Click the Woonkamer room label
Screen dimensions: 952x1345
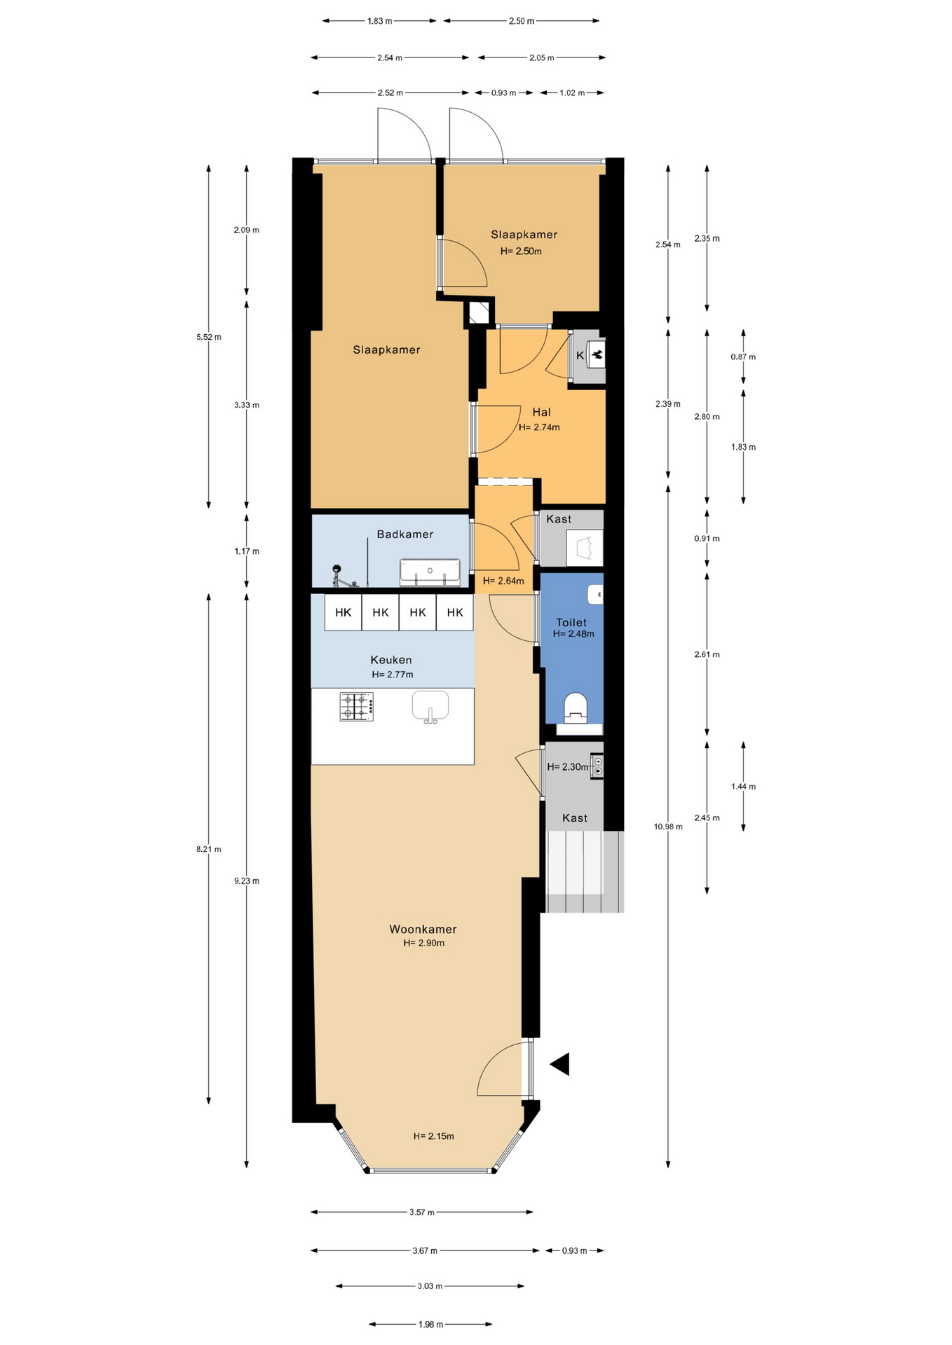click(423, 929)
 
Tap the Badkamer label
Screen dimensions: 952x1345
click(405, 534)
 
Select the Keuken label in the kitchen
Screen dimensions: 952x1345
click(391, 660)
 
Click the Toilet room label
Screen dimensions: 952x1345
click(571, 622)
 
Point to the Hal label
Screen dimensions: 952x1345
click(541, 412)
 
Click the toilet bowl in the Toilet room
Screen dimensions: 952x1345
click(576, 708)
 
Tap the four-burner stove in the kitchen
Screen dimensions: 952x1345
click(356, 707)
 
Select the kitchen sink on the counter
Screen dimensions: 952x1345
click(430, 707)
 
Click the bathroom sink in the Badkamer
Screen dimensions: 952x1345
click(430, 572)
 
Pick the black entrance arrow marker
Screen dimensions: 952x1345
click(562, 1064)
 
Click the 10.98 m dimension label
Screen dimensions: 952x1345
click(668, 827)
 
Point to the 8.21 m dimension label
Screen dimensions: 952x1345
click(208, 849)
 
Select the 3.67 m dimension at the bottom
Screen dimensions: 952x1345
click(425, 1250)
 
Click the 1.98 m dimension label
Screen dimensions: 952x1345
click(430, 1325)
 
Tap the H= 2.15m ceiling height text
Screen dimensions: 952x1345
click(433, 1136)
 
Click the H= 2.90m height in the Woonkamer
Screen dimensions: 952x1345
click(423, 943)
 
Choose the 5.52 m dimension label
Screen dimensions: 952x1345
click(208, 337)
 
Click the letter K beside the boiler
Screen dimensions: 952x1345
click(580, 356)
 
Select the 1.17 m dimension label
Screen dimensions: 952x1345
click(246, 551)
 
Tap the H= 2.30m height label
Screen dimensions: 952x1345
click(568, 767)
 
